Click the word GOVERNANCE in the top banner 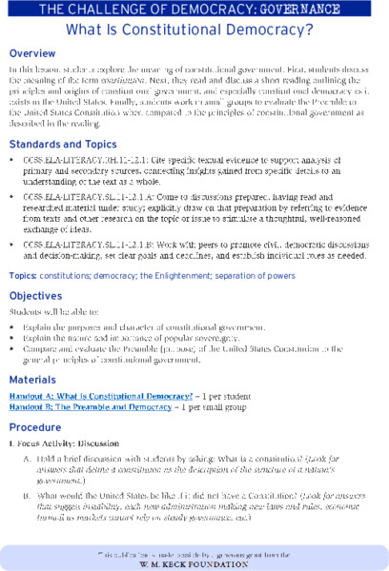coord(331,10)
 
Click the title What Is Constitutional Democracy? coord(194,30)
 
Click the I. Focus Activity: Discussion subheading coord(59,444)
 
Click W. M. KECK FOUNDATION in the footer coord(194,560)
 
